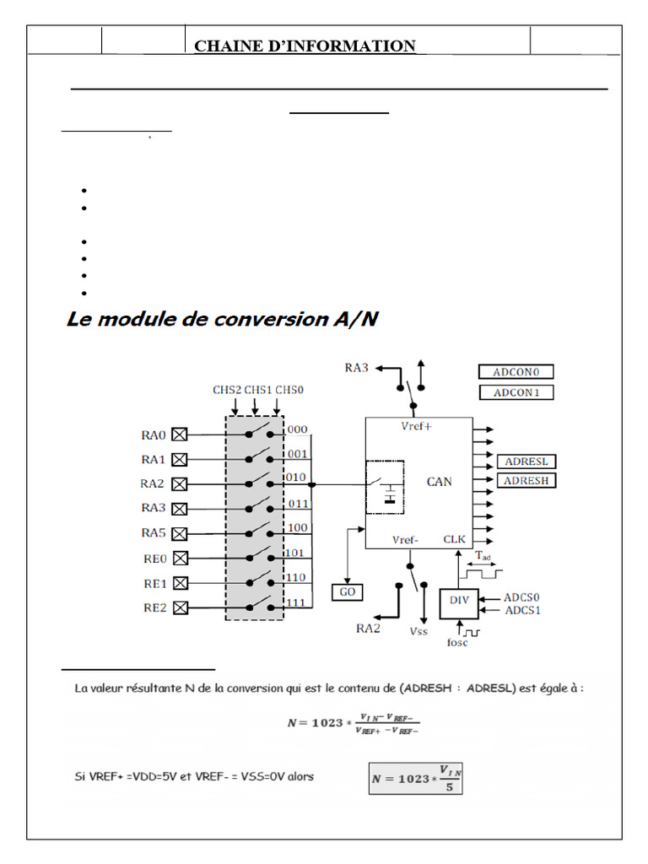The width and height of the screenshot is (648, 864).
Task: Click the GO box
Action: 347,591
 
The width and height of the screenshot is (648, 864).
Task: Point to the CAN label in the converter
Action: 439,482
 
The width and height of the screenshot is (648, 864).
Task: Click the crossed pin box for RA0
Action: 179,435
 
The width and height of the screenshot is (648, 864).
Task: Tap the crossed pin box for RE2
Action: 179,607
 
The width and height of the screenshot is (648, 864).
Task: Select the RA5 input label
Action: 153,533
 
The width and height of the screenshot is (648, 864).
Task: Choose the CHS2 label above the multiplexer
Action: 227,390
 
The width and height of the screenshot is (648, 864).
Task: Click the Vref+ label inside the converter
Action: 417,427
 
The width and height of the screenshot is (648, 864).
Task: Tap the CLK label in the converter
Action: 454,539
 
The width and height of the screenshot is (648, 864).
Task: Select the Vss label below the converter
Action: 419,630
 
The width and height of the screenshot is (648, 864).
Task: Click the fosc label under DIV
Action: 456,643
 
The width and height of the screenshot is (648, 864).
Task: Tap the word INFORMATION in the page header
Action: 353,46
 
